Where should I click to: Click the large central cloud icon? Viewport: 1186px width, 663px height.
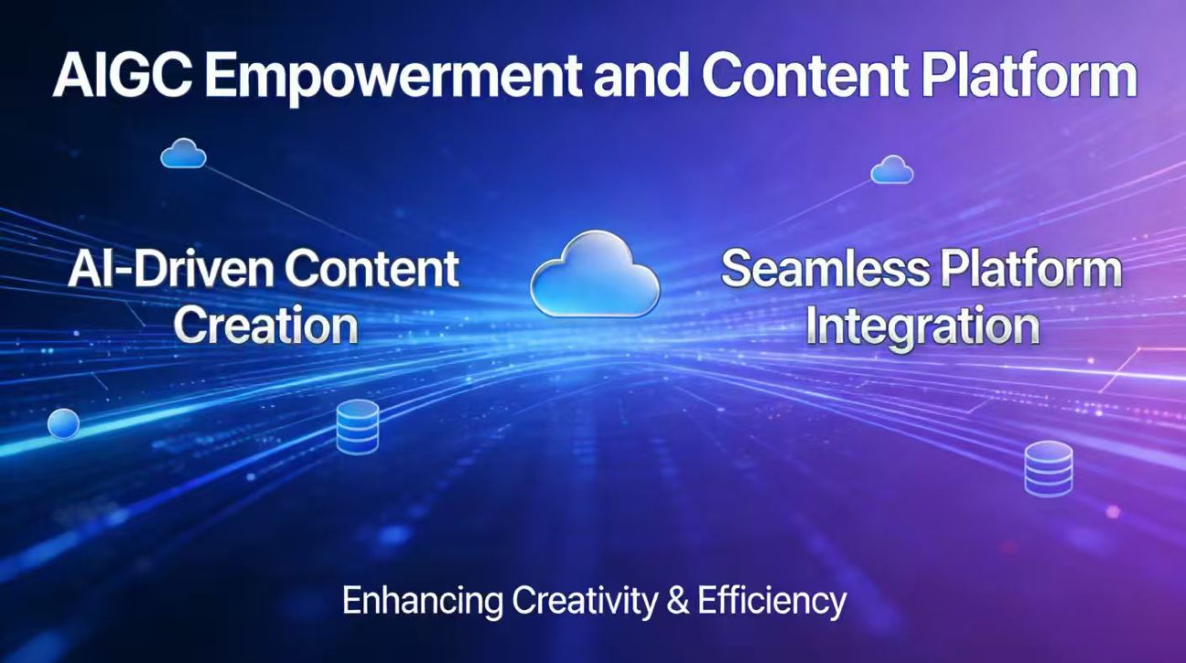pyautogui.click(x=595, y=275)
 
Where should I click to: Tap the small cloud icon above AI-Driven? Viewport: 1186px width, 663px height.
pyautogui.click(x=183, y=153)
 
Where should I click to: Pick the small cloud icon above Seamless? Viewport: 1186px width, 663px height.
pyautogui.click(x=892, y=170)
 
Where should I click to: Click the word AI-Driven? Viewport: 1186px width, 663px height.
pyautogui.click(x=171, y=269)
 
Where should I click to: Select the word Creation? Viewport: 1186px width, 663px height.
pyautogui.click(x=265, y=325)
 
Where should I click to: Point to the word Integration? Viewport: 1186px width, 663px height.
pyautogui.click(x=921, y=327)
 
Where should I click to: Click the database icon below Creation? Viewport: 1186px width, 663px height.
pyautogui.click(x=358, y=427)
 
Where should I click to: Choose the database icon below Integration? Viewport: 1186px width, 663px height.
pyautogui.click(x=1048, y=469)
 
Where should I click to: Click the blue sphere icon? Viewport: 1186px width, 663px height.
pyautogui.click(x=64, y=424)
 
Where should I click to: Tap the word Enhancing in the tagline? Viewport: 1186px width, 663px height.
pyautogui.click(x=422, y=602)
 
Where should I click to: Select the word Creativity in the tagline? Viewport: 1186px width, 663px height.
pyautogui.click(x=585, y=602)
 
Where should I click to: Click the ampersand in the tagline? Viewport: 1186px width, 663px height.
pyautogui.click(x=678, y=601)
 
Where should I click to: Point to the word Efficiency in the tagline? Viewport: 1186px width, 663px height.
pyautogui.click(x=772, y=602)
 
